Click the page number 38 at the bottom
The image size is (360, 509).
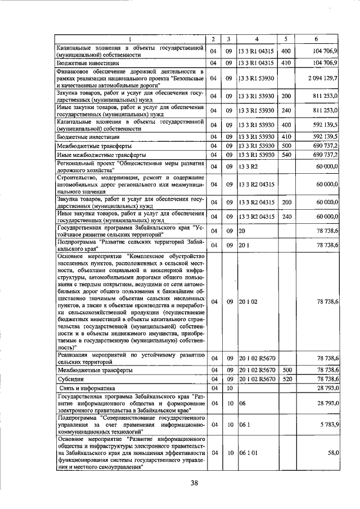pos(194,483)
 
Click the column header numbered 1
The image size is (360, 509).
pos(131,39)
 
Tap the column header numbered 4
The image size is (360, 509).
pos(256,39)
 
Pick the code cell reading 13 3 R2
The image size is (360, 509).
pos(247,168)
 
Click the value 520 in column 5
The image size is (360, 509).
pos(286,379)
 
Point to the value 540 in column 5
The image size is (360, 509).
pos(286,154)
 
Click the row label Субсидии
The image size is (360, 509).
pos(70,379)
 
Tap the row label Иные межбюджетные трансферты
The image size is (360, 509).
pos(102,154)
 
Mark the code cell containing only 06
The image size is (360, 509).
pos(242,404)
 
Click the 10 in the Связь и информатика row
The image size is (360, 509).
pos(229,388)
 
